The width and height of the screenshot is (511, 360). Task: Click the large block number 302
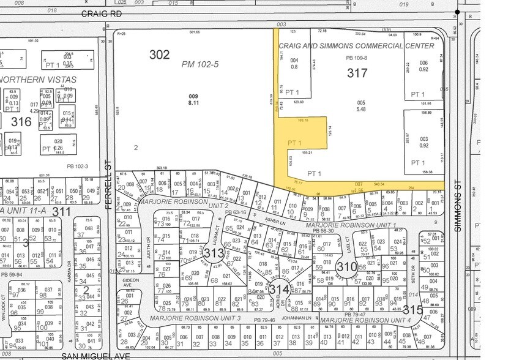[159, 54]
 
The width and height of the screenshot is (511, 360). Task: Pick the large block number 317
[357, 73]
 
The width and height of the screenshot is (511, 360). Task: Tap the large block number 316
[21, 121]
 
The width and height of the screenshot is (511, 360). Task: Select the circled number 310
[346, 267]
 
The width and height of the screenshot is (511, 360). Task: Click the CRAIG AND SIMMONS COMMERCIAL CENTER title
[356, 46]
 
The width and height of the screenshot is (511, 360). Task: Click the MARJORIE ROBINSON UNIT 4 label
[364, 320]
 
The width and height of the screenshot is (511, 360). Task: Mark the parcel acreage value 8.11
[193, 103]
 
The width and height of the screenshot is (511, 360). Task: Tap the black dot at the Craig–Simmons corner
[457, 12]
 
